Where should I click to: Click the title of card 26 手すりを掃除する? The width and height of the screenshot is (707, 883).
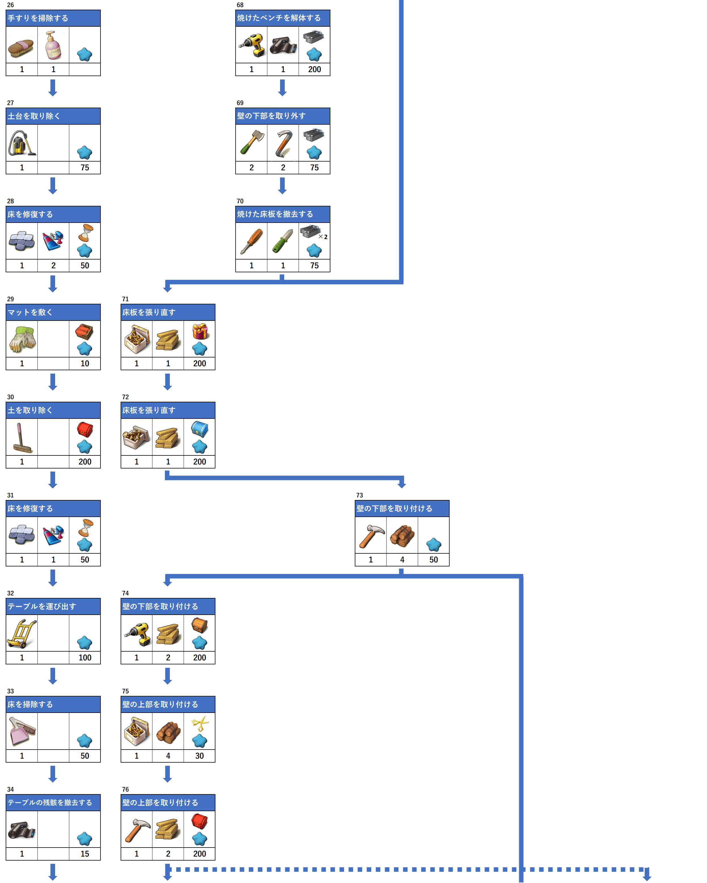(38, 18)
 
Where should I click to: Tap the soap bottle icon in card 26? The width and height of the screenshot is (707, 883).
(53, 45)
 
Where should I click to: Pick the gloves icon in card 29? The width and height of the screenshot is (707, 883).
(22, 339)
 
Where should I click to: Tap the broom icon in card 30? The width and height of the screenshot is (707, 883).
(22, 438)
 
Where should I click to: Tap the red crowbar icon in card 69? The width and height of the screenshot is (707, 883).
(283, 143)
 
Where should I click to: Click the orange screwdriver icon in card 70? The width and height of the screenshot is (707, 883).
(251, 241)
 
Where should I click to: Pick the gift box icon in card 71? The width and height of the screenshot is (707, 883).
(200, 331)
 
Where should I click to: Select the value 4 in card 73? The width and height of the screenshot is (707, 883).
(402, 559)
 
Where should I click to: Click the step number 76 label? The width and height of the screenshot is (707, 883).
(125, 789)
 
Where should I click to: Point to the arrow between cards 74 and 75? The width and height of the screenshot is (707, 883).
(167, 676)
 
